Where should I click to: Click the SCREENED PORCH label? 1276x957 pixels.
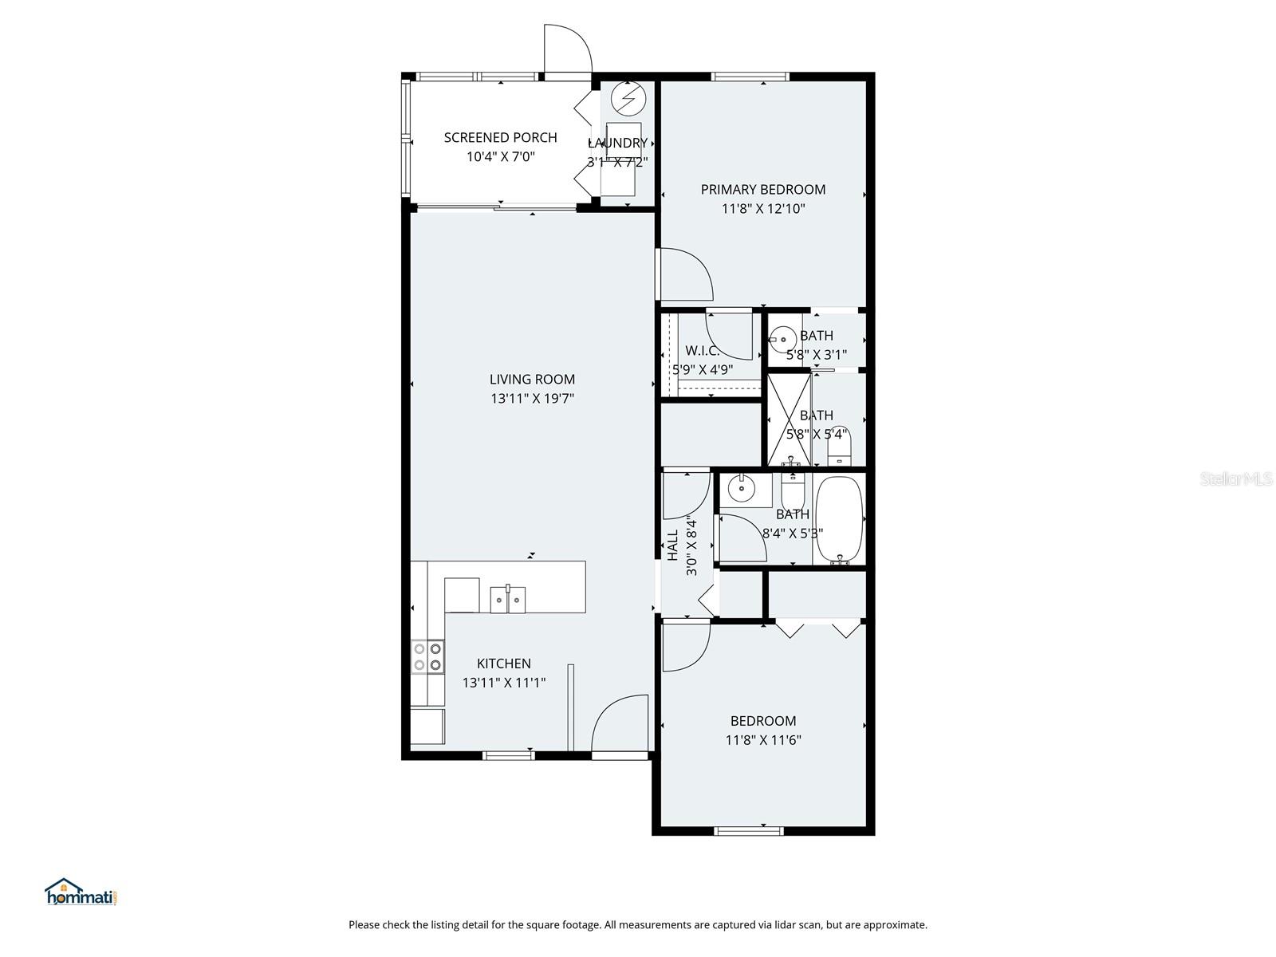(500, 137)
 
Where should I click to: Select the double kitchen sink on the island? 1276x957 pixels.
(507, 599)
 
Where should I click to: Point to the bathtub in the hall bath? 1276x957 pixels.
(839, 520)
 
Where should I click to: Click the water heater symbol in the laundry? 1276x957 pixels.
(627, 97)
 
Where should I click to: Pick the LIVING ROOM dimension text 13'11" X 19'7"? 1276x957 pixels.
(532, 399)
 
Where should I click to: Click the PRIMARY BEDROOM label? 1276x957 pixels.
(762, 189)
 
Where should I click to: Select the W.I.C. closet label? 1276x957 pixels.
(702, 351)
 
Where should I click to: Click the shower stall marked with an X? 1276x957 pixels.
(789, 419)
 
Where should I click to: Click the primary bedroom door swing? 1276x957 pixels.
(684, 274)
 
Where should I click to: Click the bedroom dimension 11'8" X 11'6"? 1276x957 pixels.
(762, 740)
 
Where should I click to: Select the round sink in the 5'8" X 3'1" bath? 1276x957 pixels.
(782, 341)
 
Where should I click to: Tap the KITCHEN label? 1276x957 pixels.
(503, 664)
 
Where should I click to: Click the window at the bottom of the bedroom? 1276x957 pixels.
(749, 831)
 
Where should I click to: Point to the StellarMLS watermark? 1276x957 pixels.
(1235, 479)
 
